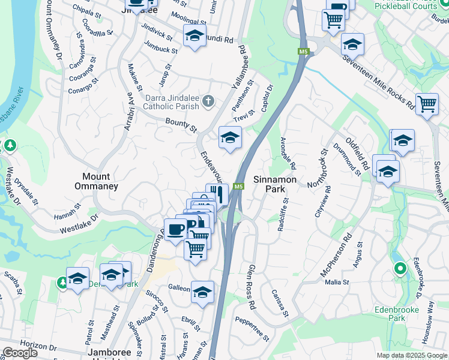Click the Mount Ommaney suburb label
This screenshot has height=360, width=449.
96,181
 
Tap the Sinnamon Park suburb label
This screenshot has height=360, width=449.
274,184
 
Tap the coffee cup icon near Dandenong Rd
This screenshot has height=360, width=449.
176,229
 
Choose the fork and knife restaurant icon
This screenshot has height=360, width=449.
217,194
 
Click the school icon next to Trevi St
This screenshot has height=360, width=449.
229,137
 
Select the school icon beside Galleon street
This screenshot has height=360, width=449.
203,292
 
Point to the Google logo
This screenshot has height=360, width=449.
20,353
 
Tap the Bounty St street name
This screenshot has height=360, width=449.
181,125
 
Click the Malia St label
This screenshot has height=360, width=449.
337,282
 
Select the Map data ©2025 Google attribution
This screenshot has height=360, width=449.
411,355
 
